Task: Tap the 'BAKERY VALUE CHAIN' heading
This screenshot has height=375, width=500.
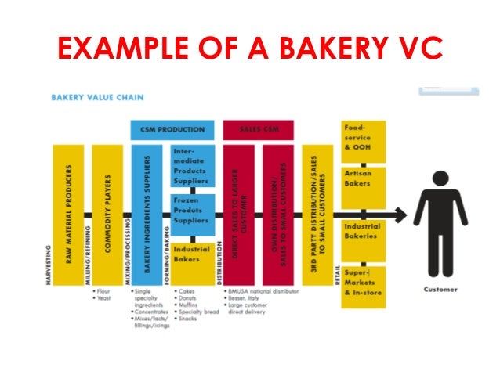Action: pyautogui.click(x=97, y=99)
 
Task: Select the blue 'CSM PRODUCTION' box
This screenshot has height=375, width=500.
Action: pyautogui.click(x=172, y=129)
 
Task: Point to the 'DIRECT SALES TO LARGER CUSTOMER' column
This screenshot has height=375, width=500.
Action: pyautogui.click(x=240, y=215)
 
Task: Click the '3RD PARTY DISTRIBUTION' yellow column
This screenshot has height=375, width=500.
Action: pyautogui.click(x=318, y=215)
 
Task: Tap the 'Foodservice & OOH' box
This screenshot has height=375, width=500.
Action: pyautogui.click(x=363, y=140)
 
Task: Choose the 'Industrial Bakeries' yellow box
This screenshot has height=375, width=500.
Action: pyautogui.click(x=363, y=231)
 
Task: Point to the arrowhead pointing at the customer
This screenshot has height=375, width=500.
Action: pyautogui.click(x=400, y=215)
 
